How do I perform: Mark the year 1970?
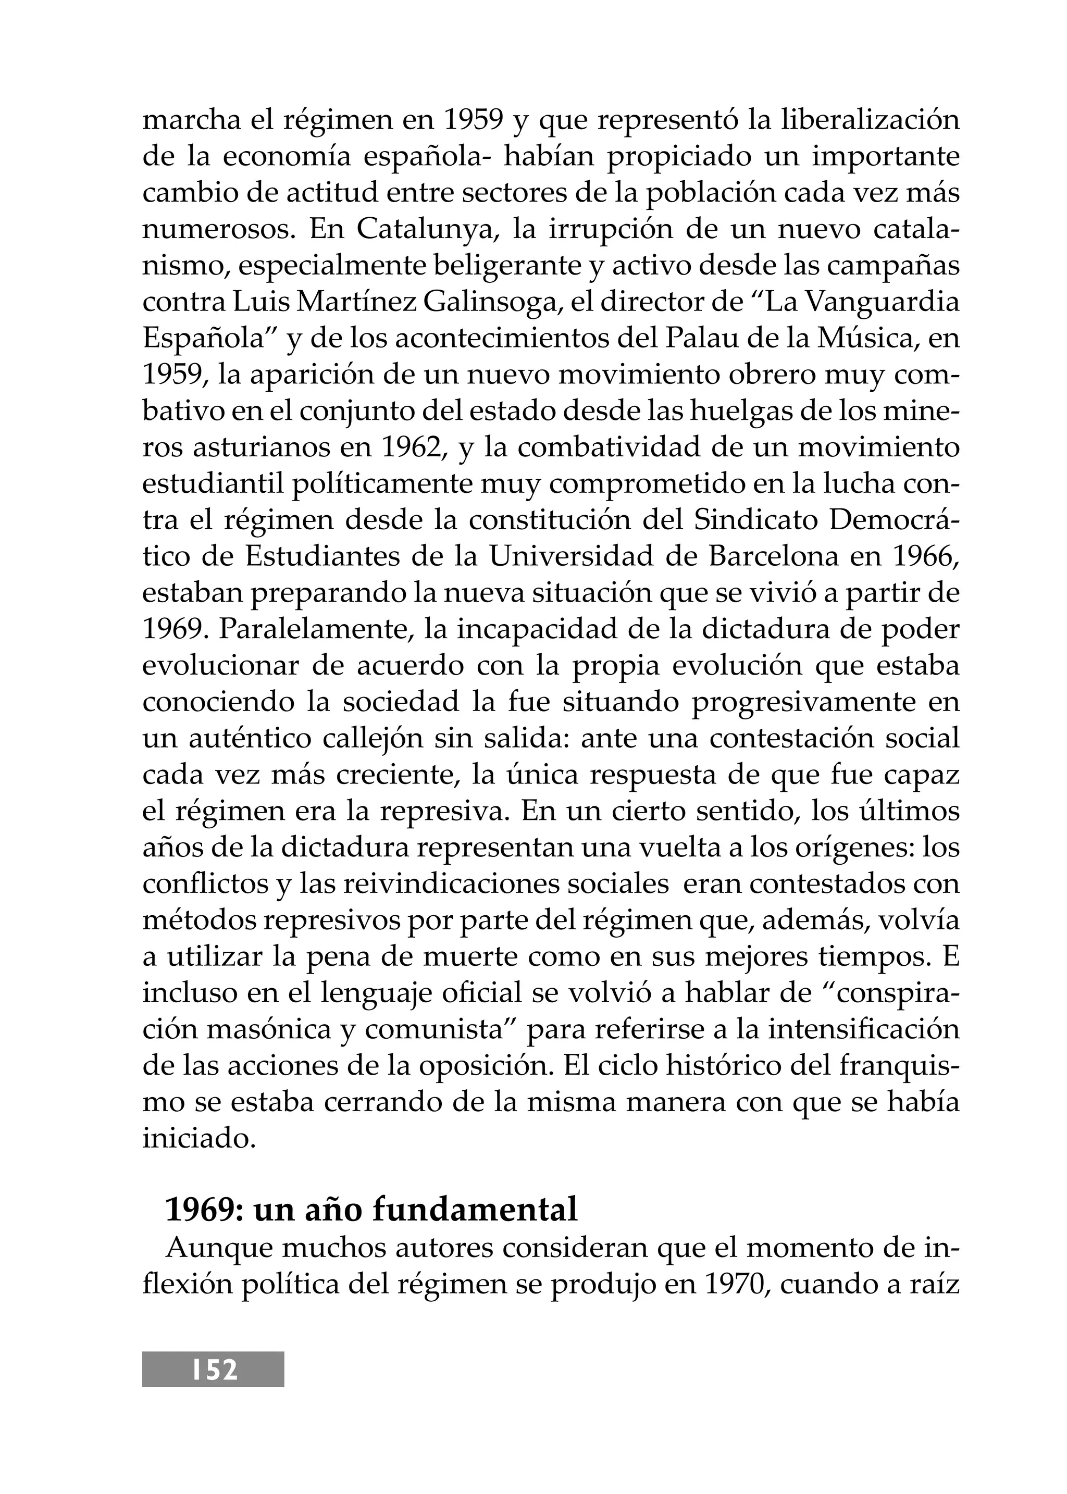tap(736, 1284)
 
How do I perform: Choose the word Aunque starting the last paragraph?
tap(215, 1248)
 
